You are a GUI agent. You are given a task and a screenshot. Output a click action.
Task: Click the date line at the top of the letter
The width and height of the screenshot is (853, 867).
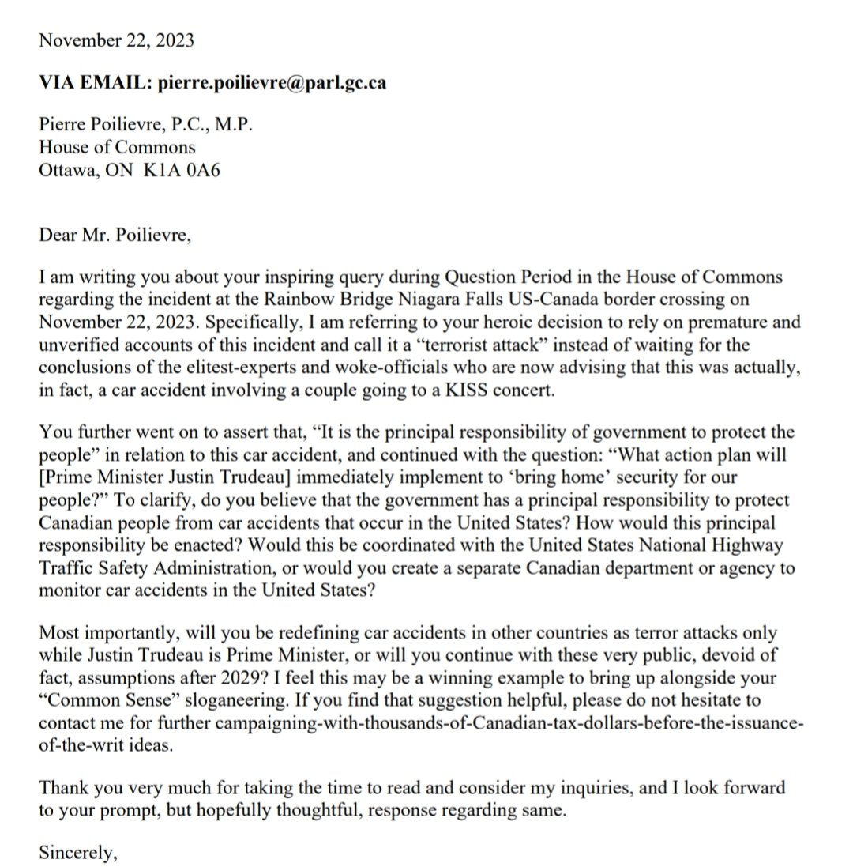coord(115,41)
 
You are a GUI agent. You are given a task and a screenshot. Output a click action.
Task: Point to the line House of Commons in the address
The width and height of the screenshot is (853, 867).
coord(116,148)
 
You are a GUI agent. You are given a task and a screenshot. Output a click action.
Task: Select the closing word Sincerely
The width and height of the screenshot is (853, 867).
coord(77,853)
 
